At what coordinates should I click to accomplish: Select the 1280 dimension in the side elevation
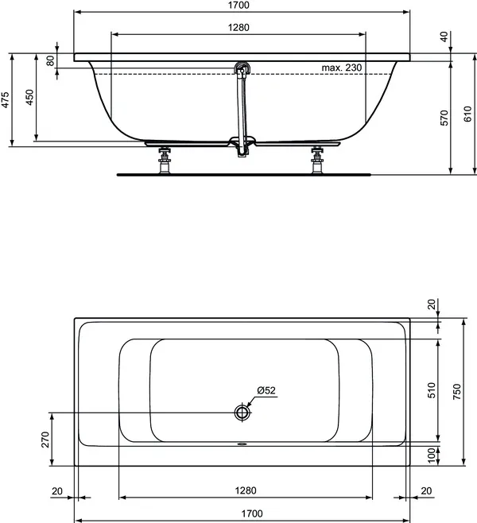point(238,28)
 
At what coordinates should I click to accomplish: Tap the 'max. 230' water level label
point(341,68)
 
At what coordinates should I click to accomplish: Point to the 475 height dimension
point(6,99)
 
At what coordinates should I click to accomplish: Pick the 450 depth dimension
point(29,98)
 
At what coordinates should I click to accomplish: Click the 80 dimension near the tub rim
point(51,60)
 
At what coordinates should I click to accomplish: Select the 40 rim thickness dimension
point(444,37)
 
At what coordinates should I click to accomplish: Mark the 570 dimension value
point(445,117)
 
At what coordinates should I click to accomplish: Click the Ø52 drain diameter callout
point(266,390)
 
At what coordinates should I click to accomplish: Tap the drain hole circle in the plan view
point(242,413)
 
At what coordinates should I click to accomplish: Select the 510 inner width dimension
point(432,389)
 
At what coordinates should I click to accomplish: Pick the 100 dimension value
point(432,455)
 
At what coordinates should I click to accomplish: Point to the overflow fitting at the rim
point(242,69)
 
